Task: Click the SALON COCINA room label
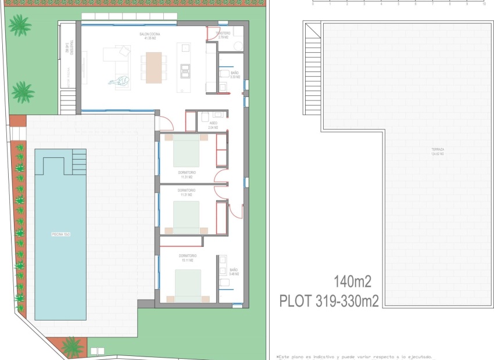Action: coord(149,36)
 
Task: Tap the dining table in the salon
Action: coord(154,68)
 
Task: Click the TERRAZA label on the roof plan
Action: coord(438,152)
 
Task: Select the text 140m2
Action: coord(352,282)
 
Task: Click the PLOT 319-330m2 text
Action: coord(329,301)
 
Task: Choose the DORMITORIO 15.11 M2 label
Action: coord(187,258)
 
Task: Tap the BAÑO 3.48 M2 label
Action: coord(234,272)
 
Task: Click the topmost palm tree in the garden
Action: coord(20,25)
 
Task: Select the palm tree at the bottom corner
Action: coord(73,347)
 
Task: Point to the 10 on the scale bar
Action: coord(484,3)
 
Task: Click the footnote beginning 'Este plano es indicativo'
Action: coord(355,357)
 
